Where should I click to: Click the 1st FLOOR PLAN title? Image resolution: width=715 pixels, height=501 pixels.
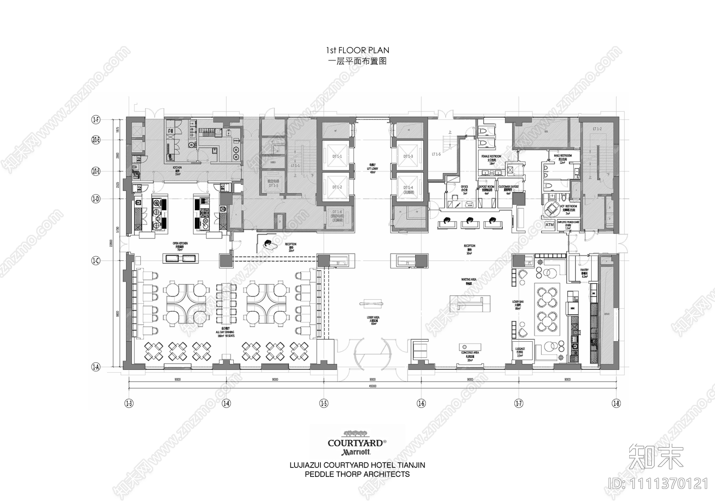pyautogui.click(x=357, y=51)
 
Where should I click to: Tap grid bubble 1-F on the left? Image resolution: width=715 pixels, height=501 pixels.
pyautogui.click(x=96, y=119)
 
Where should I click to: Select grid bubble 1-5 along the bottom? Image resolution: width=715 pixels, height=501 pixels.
pyautogui.click(x=324, y=403)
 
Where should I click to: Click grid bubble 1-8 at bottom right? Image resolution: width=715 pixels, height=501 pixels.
pyautogui.click(x=616, y=403)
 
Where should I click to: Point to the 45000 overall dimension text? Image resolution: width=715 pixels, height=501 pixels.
pyautogui.click(x=372, y=386)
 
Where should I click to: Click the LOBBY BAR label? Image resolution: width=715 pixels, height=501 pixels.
pyautogui.click(x=518, y=305)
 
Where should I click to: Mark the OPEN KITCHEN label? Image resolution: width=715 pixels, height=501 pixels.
pyautogui.click(x=180, y=245)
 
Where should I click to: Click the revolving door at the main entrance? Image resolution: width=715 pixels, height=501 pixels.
pyautogui.click(x=372, y=352)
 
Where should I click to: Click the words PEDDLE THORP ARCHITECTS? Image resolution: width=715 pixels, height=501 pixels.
pyautogui.click(x=357, y=474)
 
